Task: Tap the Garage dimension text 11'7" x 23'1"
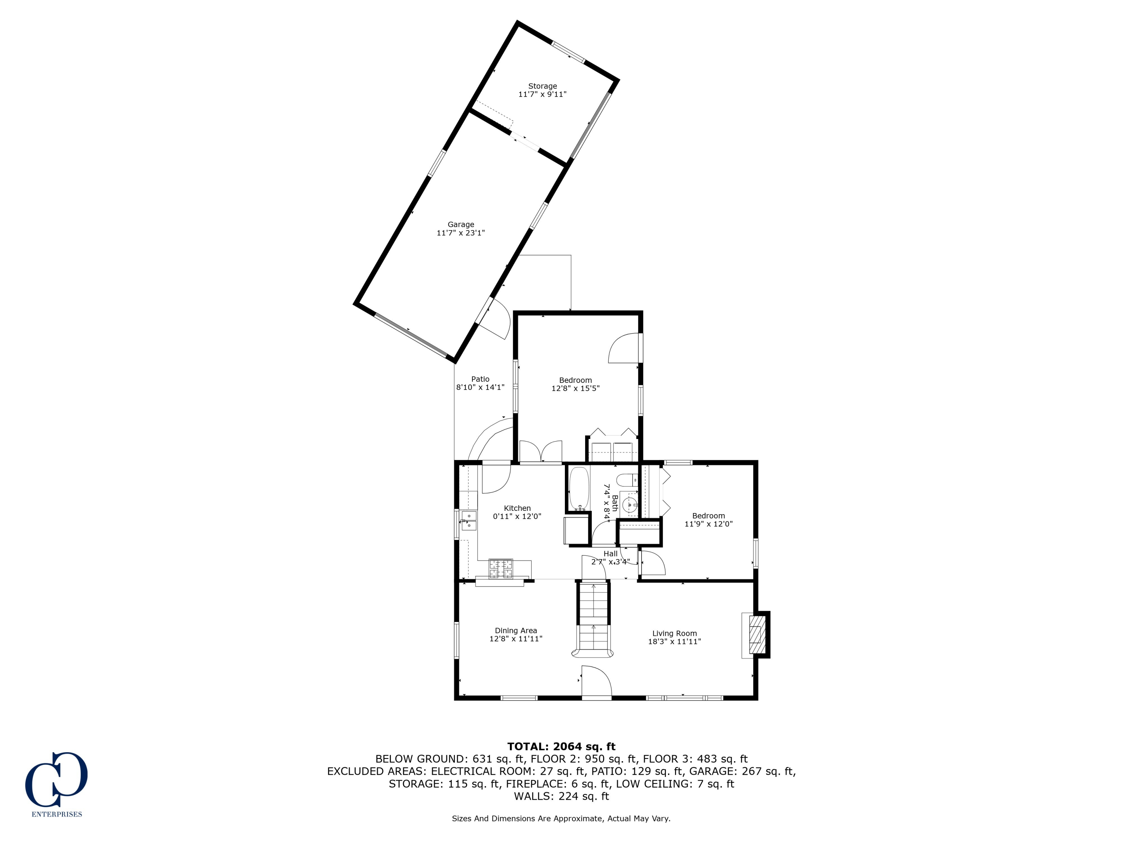[x=460, y=233]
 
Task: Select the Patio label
[x=480, y=379]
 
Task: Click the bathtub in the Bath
[x=579, y=488]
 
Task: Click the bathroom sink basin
[x=630, y=505]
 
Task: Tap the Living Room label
[x=674, y=634]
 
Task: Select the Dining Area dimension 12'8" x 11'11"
[x=516, y=639]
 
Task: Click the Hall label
[x=610, y=554]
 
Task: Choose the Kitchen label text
[x=517, y=508]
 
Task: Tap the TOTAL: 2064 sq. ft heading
[x=561, y=747]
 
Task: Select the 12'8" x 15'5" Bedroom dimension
[x=575, y=388]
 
